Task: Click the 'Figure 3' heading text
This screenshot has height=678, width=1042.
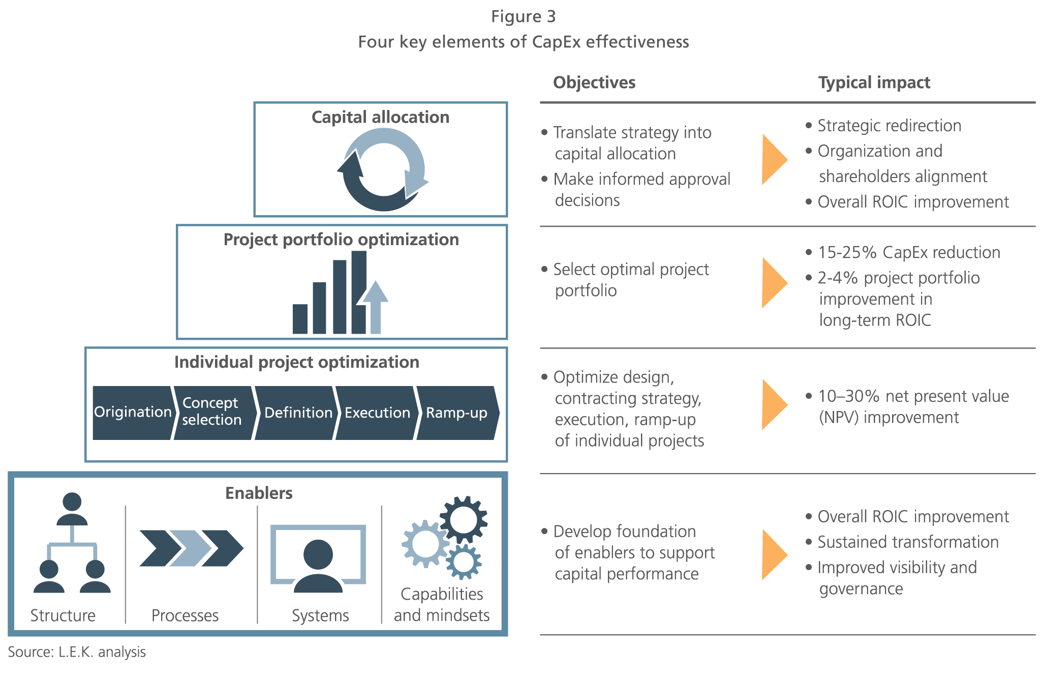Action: [523, 17]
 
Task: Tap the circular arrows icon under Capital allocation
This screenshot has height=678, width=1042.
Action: [382, 169]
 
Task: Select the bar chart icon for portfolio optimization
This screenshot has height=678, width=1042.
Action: [341, 292]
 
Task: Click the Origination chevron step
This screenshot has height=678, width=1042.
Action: [132, 412]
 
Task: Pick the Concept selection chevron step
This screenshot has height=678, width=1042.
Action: [212, 412]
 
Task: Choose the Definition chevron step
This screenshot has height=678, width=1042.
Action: [297, 412]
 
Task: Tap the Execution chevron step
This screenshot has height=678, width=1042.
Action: [377, 412]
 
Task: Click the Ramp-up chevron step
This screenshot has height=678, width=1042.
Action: [456, 412]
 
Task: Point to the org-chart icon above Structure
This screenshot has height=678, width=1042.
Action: [72, 542]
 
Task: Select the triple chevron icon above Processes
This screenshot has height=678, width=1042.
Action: [191, 548]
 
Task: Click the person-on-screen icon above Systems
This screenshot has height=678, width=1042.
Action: [318, 558]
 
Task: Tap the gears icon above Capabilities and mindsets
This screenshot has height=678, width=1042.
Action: [444, 538]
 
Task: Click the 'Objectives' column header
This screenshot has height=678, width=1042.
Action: [594, 82]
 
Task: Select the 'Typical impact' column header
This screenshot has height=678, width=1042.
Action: [874, 82]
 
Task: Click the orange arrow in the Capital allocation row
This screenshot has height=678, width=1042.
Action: [773, 159]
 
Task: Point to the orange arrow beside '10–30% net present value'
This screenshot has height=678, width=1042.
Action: [773, 404]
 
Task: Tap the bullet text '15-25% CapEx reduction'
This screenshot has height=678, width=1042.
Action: [908, 252]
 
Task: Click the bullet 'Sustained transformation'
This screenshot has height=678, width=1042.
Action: [908, 542]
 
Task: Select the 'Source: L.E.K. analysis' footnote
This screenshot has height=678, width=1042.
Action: [77, 652]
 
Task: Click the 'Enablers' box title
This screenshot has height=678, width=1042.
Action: [259, 493]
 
